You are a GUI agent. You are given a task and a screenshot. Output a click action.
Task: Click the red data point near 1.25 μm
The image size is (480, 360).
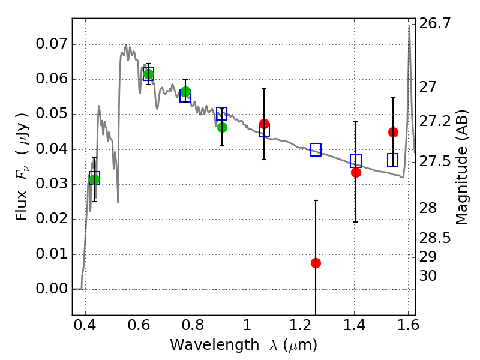pos(316,263)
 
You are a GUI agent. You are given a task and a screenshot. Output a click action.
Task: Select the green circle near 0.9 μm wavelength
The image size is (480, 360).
pos(222,127)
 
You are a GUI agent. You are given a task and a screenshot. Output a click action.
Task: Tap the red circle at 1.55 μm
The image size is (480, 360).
pos(393,132)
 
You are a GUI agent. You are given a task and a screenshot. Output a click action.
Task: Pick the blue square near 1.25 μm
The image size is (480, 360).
pos(316,149)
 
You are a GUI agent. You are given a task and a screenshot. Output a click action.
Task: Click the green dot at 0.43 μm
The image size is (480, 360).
pos(94,179)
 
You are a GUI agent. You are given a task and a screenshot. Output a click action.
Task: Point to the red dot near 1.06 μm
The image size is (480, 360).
pos(264,124)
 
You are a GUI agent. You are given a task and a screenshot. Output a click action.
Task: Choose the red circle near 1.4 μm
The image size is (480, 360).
pos(356,172)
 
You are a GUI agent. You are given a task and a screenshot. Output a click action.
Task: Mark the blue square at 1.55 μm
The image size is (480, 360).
pos(393,160)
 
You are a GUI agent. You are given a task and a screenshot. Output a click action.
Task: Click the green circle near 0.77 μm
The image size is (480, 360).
pos(185,92)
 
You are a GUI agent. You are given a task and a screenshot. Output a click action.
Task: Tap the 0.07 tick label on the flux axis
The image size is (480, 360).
pos(52,44)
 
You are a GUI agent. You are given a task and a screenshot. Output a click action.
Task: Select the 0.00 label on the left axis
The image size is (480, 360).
pos(52,289)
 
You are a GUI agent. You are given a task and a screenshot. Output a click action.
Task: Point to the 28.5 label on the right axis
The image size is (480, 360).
pos(434,238)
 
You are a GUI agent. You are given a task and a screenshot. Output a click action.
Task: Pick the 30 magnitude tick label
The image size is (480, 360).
pos(428,276)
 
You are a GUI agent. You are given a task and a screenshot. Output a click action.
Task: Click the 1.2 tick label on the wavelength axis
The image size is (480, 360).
pos(301,325)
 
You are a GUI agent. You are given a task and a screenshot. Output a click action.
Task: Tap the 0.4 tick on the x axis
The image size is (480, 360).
pos(85,325)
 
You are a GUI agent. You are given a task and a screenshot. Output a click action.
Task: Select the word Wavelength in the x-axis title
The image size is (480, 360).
pos(215,345)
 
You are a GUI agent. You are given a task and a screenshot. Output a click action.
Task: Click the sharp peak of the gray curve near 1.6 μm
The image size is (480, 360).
pos(409,25)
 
